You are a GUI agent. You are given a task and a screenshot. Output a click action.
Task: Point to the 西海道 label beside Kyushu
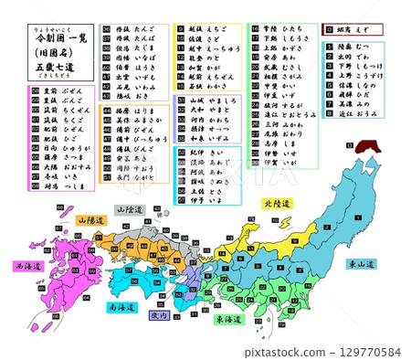point(28,267)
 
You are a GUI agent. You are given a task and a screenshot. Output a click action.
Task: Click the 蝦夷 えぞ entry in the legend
point(351,29)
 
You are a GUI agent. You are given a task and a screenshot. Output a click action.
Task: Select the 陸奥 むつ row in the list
point(351,47)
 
